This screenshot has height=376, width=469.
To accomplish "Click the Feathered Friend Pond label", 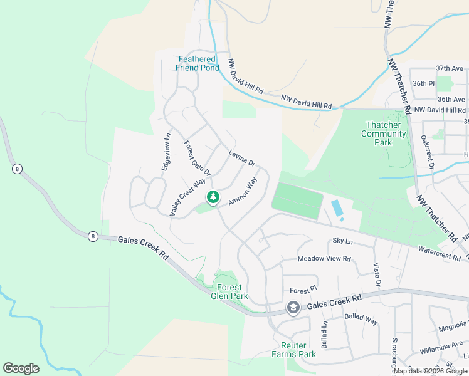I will click(198, 63).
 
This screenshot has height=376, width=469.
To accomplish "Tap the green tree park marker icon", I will click(213, 198).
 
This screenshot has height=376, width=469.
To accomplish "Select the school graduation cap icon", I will click(293, 308).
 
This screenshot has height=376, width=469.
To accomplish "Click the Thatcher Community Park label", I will click(384, 133).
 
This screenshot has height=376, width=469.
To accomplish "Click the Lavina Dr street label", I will click(242, 159).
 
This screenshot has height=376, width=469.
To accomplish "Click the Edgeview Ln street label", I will click(167, 153).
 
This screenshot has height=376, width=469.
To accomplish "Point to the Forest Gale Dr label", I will click(196, 158).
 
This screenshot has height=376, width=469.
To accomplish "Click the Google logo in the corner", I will click(21, 368).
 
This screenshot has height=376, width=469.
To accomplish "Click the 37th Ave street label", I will click(450, 68).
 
